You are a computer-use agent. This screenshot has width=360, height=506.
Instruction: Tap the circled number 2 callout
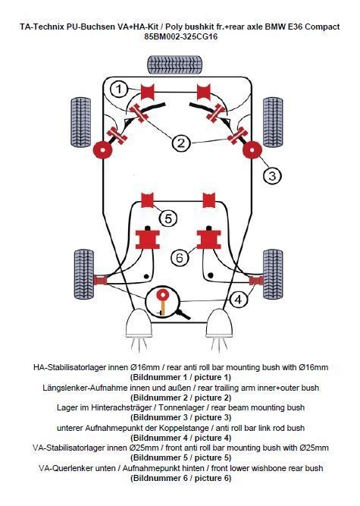tap(180, 142)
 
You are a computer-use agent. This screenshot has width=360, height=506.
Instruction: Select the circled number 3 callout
tap(271, 175)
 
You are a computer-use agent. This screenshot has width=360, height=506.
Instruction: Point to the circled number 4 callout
tap(239, 300)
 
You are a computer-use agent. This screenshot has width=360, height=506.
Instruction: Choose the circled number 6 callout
tap(180, 257)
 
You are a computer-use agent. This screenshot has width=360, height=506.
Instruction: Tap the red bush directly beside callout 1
tap(148, 93)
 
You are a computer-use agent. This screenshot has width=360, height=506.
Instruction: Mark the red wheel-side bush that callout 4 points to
tap(256, 281)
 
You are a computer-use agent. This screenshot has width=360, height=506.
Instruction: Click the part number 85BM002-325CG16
tap(180, 36)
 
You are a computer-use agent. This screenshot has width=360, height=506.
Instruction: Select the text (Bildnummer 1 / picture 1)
tap(180, 376)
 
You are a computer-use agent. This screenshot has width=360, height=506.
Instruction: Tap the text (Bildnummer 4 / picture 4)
tap(180, 438)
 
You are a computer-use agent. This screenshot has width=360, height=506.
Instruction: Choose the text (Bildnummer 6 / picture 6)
tap(180, 478)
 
